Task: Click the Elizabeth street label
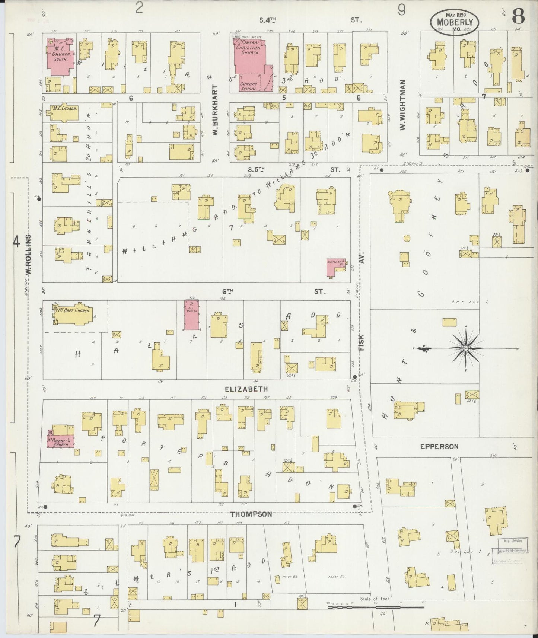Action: (x=246, y=389)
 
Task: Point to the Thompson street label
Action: (x=251, y=515)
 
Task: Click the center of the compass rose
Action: (x=465, y=348)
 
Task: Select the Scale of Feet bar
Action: (x=376, y=607)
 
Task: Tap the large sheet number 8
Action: (x=519, y=16)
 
